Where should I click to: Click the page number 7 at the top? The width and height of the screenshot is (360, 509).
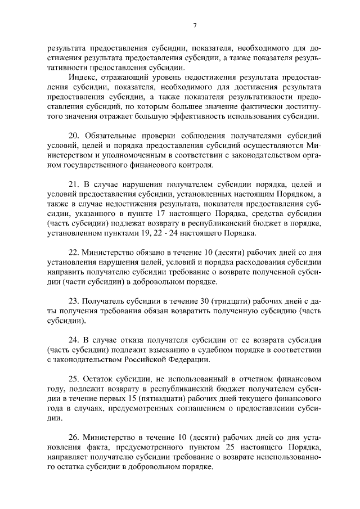194,25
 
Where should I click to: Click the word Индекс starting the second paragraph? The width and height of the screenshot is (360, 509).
82,77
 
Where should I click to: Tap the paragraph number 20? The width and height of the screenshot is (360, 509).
74,136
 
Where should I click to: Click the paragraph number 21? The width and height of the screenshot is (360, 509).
74,184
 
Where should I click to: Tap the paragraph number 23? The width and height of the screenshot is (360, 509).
74,301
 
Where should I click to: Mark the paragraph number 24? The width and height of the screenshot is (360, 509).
74,340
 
